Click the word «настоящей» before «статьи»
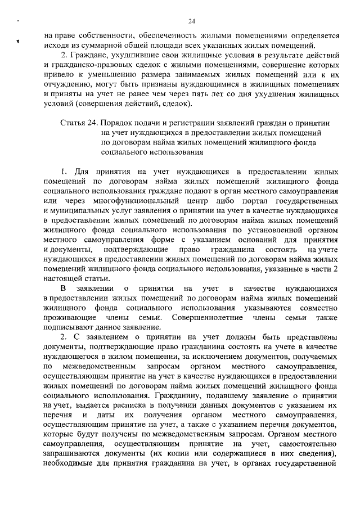[64, 283]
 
